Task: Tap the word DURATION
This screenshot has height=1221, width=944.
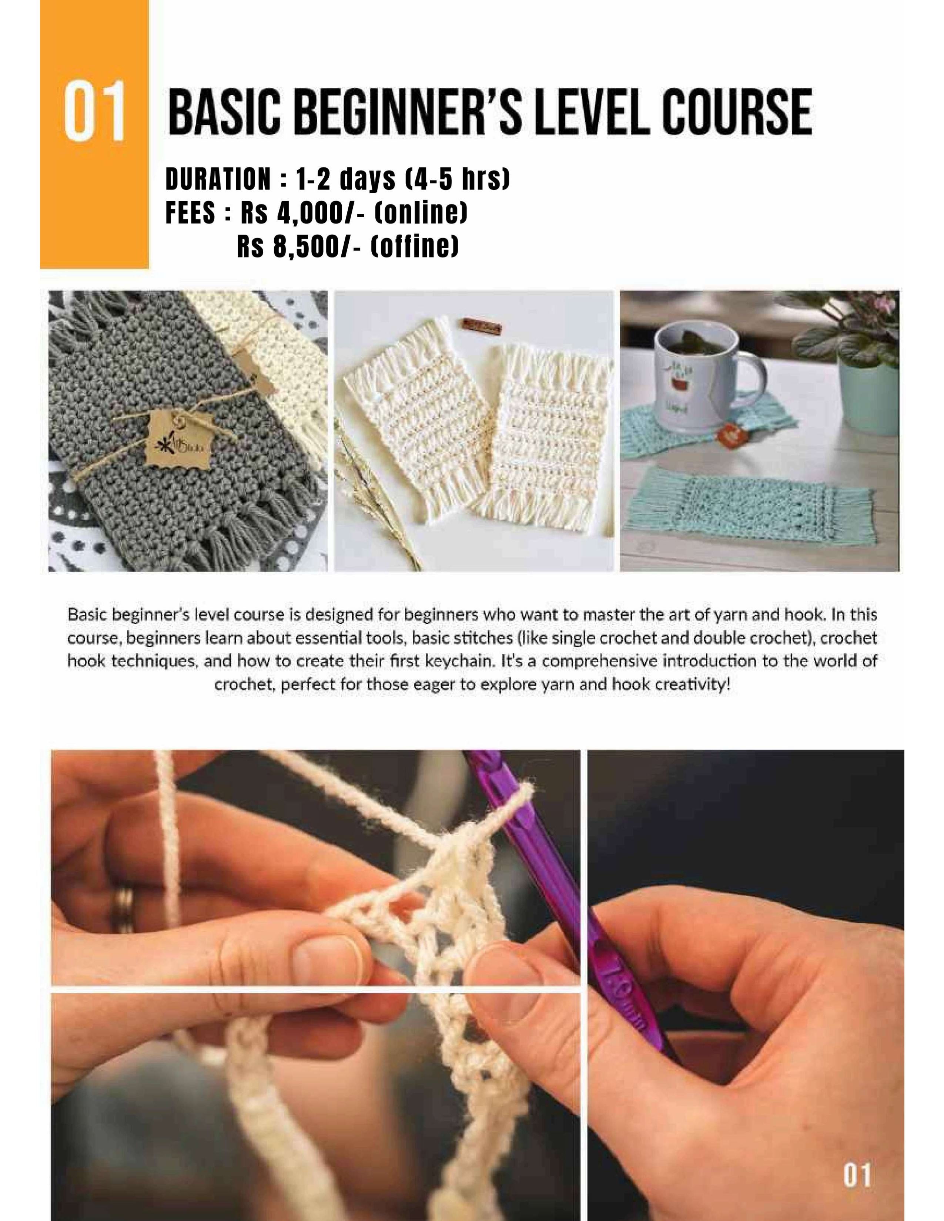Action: [218, 179]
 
